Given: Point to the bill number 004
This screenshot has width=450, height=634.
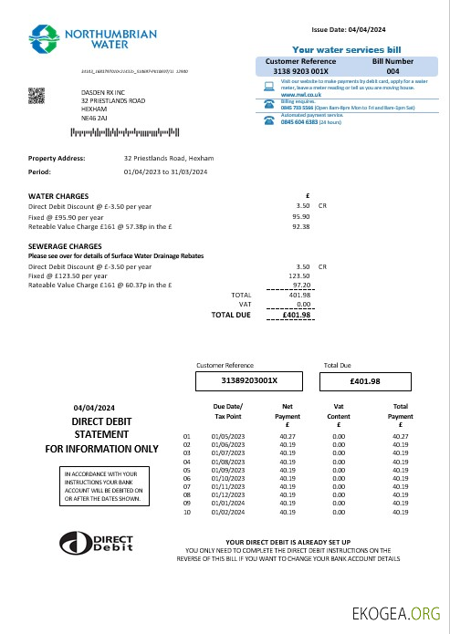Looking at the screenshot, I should click(x=392, y=70).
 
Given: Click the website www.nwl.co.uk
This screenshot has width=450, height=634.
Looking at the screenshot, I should click(x=299, y=95).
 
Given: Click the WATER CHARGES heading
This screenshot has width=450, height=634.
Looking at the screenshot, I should click(x=58, y=196).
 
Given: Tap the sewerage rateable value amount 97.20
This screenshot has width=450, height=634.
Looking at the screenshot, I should click(x=300, y=286).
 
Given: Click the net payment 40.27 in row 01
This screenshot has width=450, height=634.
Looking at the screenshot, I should click(x=288, y=436).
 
